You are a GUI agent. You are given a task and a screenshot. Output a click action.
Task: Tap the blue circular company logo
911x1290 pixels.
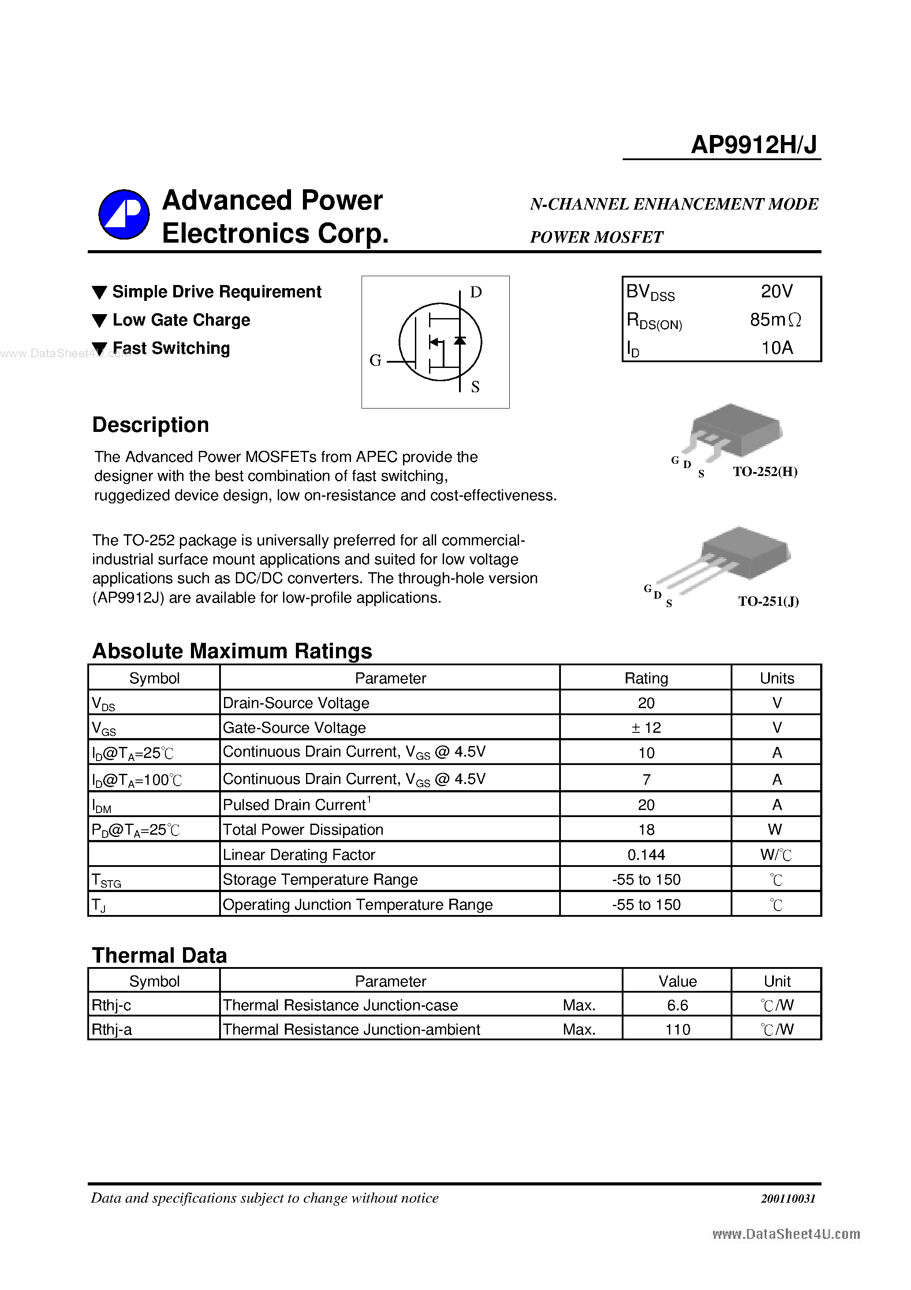(124, 214)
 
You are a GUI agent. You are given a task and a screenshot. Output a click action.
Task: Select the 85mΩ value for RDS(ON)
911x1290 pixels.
(775, 320)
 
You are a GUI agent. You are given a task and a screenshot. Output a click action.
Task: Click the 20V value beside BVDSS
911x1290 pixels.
(776, 291)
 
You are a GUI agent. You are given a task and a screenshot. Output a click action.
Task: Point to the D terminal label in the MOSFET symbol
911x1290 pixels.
(476, 292)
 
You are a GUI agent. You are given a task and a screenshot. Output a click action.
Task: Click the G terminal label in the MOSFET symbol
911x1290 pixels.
(375, 360)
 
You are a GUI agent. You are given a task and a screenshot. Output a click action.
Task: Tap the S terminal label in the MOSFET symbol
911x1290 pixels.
(475, 386)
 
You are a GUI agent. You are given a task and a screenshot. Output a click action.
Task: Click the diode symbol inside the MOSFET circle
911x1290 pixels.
(460, 341)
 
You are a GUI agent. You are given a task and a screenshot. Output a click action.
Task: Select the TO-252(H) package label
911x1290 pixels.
(765, 471)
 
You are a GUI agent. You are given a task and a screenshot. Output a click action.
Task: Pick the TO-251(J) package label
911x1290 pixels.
(768, 601)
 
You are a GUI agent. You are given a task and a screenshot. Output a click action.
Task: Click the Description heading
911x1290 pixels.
(150, 425)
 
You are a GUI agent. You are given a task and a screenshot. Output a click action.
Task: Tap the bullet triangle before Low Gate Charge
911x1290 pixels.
(99, 321)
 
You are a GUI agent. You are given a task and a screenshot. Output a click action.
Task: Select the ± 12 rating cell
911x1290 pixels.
(646, 727)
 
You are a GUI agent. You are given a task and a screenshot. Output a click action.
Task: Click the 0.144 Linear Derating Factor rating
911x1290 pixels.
(646, 855)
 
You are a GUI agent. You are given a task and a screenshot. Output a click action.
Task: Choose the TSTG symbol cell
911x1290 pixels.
(107, 880)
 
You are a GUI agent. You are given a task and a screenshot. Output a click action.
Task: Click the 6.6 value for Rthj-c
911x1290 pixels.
(677, 1005)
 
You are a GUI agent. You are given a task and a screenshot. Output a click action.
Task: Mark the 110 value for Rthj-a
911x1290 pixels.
(677, 1029)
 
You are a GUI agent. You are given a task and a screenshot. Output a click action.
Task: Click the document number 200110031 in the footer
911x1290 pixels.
(788, 1198)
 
